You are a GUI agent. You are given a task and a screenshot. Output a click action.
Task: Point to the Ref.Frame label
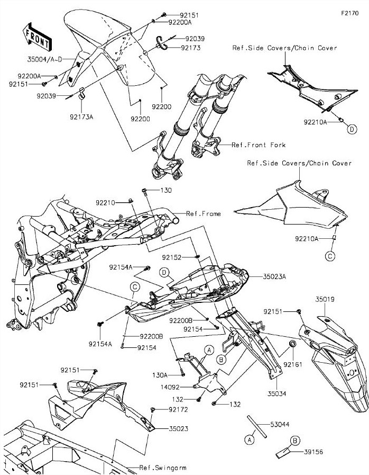[x=204, y=214]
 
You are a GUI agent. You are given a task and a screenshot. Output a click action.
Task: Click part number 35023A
[x=275, y=276]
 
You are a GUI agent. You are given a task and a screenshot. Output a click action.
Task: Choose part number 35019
[x=325, y=300]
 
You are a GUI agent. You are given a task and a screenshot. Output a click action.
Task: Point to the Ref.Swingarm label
[x=162, y=468]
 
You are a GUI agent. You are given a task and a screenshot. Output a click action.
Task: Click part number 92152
[x=172, y=257]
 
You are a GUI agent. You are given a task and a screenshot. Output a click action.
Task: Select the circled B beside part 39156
[x=295, y=441]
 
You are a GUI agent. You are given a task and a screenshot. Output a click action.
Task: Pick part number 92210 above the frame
[x=106, y=202]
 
